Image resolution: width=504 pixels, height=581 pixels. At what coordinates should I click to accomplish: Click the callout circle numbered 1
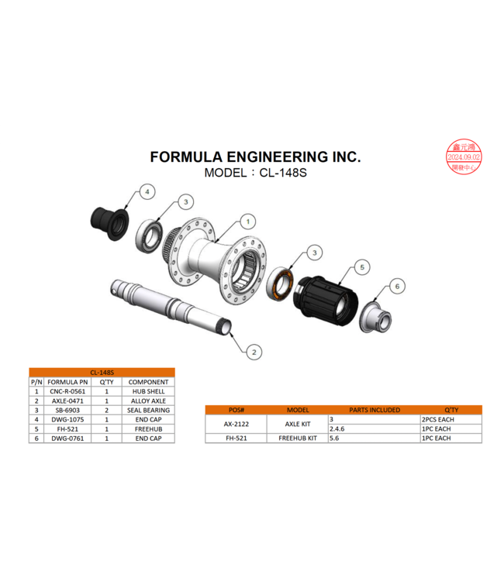(x=247, y=222)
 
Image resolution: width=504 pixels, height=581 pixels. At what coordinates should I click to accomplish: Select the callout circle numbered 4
(x=147, y=191)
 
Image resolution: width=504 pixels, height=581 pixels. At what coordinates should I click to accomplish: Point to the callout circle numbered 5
(x=361, y=267)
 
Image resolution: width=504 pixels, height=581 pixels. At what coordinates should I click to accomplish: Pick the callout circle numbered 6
(x=397, y=287)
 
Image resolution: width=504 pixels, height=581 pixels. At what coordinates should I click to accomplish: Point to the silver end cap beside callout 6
(x=375, y=315)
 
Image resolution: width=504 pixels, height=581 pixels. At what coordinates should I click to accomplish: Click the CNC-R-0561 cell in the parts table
(x=67, y=391)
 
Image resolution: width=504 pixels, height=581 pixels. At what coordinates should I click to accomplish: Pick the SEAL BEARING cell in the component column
(x=148, y=410)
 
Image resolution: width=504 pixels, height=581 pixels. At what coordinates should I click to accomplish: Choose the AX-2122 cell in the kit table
(x=234, y=424)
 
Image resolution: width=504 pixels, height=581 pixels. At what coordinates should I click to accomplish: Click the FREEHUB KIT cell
(x=298, y=438)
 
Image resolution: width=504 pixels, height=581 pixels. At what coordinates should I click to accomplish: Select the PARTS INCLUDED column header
(x=374, y=410)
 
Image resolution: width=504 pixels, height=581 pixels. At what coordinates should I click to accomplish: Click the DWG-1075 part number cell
(x=67, y=419)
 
